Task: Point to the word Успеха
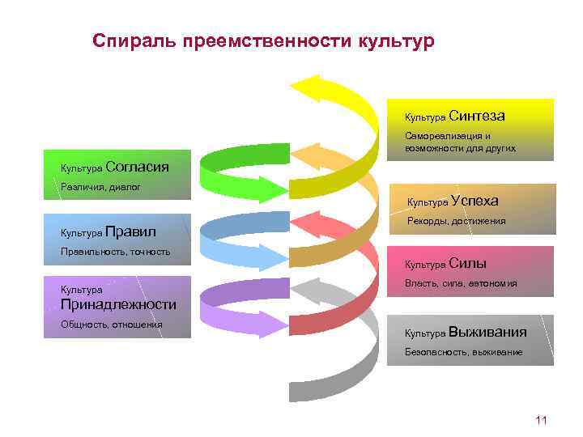click(474, 201)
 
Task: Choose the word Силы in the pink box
click(467, 263)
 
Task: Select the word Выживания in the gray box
click(487, 332)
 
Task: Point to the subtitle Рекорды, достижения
click(456, 221)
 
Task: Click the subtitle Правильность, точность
click(115, 252)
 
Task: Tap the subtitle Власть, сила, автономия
click(460, 283)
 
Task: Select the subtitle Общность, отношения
click(111, 325)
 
